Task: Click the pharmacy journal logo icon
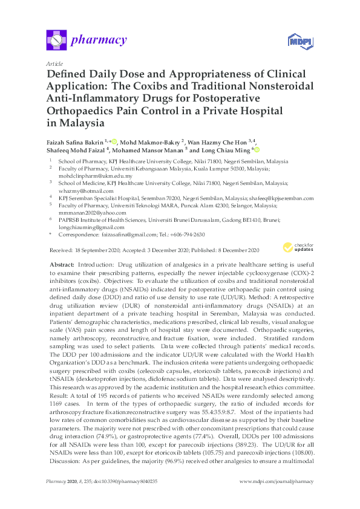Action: coord(56,41)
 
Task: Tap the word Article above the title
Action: coord(54,63)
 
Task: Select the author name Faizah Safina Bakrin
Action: coord(75,141)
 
